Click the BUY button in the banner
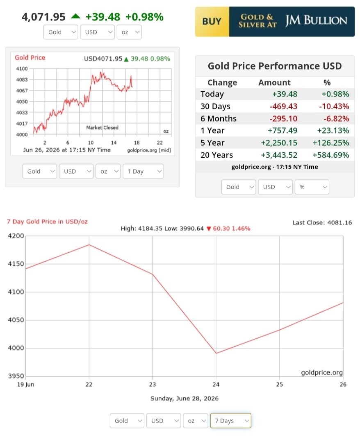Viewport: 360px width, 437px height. coord(212,21)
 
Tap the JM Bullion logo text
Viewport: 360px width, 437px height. coord(316,20)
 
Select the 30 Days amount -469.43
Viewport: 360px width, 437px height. coord(283,106)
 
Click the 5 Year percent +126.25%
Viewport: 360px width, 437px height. coord(331,143)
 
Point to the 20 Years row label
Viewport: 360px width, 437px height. coord(216,155)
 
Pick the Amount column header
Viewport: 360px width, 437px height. coord(274,82)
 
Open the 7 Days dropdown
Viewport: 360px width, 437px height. coord(230,421)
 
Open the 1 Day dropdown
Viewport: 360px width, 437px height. coord(144,171)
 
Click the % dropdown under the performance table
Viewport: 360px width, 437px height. coord(312,187)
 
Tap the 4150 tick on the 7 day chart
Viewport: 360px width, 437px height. coord(16,264)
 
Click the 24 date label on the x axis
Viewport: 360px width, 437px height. coord(216,384)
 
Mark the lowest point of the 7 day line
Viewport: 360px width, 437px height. coord(216,353)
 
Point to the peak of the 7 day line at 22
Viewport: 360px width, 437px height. coord(89,245)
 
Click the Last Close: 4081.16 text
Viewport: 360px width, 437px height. coord(322,222)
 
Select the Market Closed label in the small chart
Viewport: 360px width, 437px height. coord(102,127)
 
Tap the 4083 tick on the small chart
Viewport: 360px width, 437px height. coord(22,80)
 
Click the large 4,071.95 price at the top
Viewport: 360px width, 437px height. coord(43,17)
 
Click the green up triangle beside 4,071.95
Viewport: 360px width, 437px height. coord(75,16)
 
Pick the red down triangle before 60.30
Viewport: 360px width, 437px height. coord(209,229)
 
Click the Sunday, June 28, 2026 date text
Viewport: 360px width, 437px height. coord(185,398)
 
